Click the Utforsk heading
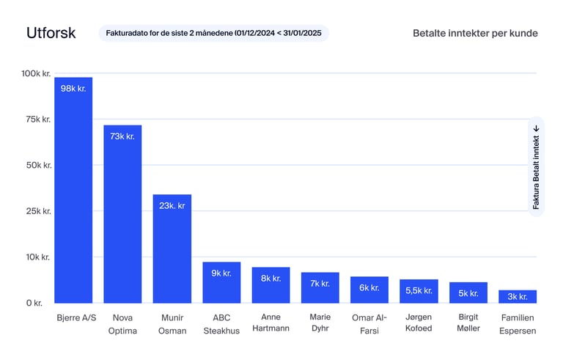click(x=51, y=33)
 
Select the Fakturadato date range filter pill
click(x=213, y=33)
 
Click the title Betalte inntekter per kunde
click(x=475, y=33)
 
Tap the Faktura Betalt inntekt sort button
click(x=536, y=166)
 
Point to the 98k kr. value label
click(x=73, y=89)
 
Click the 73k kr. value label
click(x=122, y=136)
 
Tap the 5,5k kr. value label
click(x=419, y=290)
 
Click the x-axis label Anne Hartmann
click(x=271, y=323)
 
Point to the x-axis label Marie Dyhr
click(x=320, y=323)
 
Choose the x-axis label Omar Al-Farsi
click(x=369, y=323)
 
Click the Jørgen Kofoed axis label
click(x=419, y=323)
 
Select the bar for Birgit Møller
click(x=468, y=293)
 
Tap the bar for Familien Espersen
click(x=518, y=297)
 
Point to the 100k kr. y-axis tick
click(x=34, y=73)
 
